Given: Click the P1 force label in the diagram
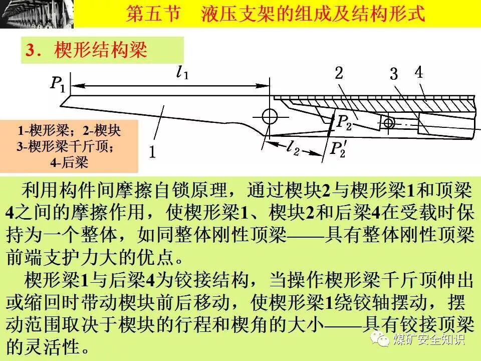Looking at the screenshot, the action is [x=58, y=84].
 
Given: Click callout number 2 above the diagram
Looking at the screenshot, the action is [x=339, y=74].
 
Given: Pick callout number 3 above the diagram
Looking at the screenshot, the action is [x=394, y=75].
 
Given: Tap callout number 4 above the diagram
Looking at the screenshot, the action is [x=419, y=72].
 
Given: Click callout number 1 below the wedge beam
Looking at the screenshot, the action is [x=152, y=151].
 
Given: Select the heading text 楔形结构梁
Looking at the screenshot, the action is [x=100, y=50].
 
